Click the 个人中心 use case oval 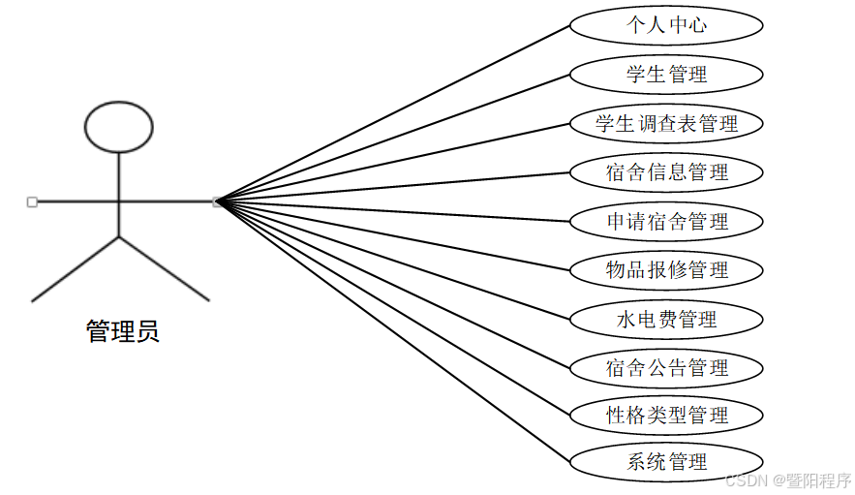pos(666,25)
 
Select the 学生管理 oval pos(666,74)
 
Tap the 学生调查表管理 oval pos(666,123)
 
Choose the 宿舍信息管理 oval pos(666,172)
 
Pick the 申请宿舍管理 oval pos(666,221)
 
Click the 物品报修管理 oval pos(666,269)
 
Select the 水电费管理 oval pos(666,319)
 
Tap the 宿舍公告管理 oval pos(666,367)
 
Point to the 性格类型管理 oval pos(666,416)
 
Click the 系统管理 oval pos(666,462)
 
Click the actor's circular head pos(119,128)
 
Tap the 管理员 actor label pos(122,332)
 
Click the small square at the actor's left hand pos(32,201)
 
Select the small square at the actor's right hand pos(218,201)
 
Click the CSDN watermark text pos(787,480)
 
